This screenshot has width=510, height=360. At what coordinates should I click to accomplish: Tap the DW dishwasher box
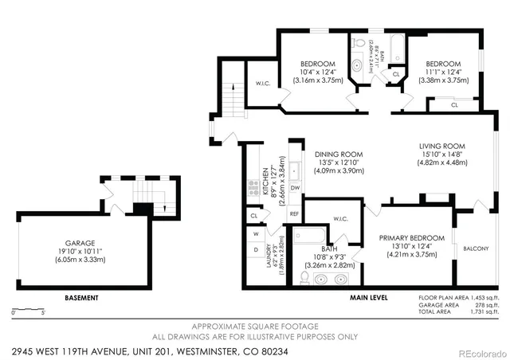(x=294, y=187)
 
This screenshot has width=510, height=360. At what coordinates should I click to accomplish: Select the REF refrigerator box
(x=294, y=213)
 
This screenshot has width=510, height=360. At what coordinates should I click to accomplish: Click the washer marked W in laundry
(x=256, y=234)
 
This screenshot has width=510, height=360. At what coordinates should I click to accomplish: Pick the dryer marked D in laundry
(x=256, y=250)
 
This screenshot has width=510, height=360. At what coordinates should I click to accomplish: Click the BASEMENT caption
(x=82, y=298)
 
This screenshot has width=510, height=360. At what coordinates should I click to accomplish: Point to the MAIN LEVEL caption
(x=369, y=298)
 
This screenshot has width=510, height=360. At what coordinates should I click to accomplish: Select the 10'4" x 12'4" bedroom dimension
(x=317, y=72)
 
